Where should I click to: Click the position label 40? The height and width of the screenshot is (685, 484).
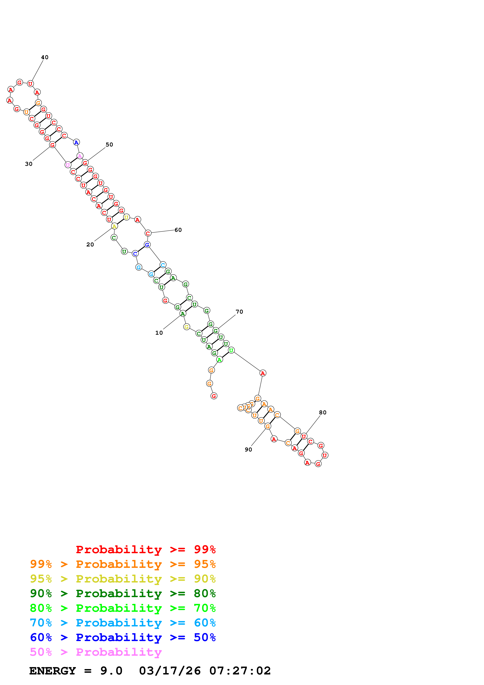point(45,57)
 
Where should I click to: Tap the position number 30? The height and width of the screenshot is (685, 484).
point(29,164)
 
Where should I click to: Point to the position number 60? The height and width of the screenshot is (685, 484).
point(178,230)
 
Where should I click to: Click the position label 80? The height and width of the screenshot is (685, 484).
point(323,413)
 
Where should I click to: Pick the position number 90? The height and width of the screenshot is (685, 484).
point(248,450)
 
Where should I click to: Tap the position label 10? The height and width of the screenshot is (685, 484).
point(159,333)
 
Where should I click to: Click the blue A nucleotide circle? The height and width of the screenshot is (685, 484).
point(76,143)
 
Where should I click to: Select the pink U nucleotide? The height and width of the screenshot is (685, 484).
point(68,165)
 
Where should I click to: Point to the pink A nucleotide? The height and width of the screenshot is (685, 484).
point(80,156)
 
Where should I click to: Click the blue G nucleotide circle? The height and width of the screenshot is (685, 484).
point(147,245)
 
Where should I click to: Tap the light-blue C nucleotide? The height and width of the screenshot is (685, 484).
point(163,265)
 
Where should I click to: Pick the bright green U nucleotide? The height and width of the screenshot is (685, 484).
point(231,351)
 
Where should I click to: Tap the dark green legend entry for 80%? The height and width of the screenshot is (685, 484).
point(123,593)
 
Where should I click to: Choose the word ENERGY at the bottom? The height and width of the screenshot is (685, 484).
point(53,671)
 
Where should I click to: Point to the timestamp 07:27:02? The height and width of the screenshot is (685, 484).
point(240,671)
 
